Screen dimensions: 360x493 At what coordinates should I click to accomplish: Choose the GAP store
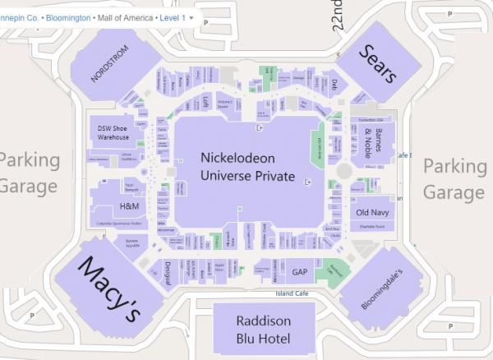tap(299, 271)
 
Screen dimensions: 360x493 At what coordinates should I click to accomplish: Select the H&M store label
tap(129, 205)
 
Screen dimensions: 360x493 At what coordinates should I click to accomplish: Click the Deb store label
tap(334, 83)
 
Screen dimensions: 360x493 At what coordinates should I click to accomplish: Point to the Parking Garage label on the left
tap(30, 172)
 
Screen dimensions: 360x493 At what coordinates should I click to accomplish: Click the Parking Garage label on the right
tap(454, 178)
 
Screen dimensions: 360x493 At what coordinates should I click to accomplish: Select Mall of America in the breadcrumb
tap(127, 16)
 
